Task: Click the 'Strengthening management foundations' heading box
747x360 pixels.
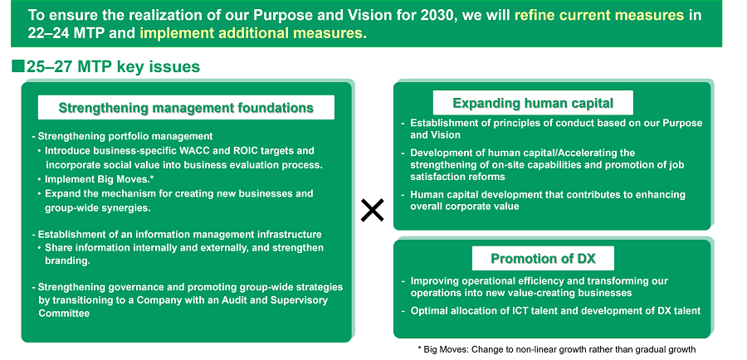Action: pyautogui.click(x=186, y=107)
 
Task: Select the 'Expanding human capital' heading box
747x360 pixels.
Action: pyautogui.click(x=533, y=102)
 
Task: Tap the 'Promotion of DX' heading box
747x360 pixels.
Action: pyautogui.click(x=543, y=258)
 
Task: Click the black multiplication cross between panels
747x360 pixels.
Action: pyautogui.click(x=372, y=211)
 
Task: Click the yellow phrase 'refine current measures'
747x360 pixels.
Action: pyautogui.click(x=598, y=15)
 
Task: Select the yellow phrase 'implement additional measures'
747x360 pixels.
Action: pyautogui.click(x=251, y=33)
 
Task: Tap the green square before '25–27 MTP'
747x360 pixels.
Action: pyautogui.click(x=18, y=66)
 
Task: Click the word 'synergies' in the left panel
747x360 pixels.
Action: pyautogui.click(x=124, y=208)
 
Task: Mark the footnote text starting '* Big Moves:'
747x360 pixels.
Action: pyautogui.click(x=556, y=349)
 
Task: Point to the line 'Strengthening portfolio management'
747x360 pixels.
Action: pyautogui.click(x=123, y=137)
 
